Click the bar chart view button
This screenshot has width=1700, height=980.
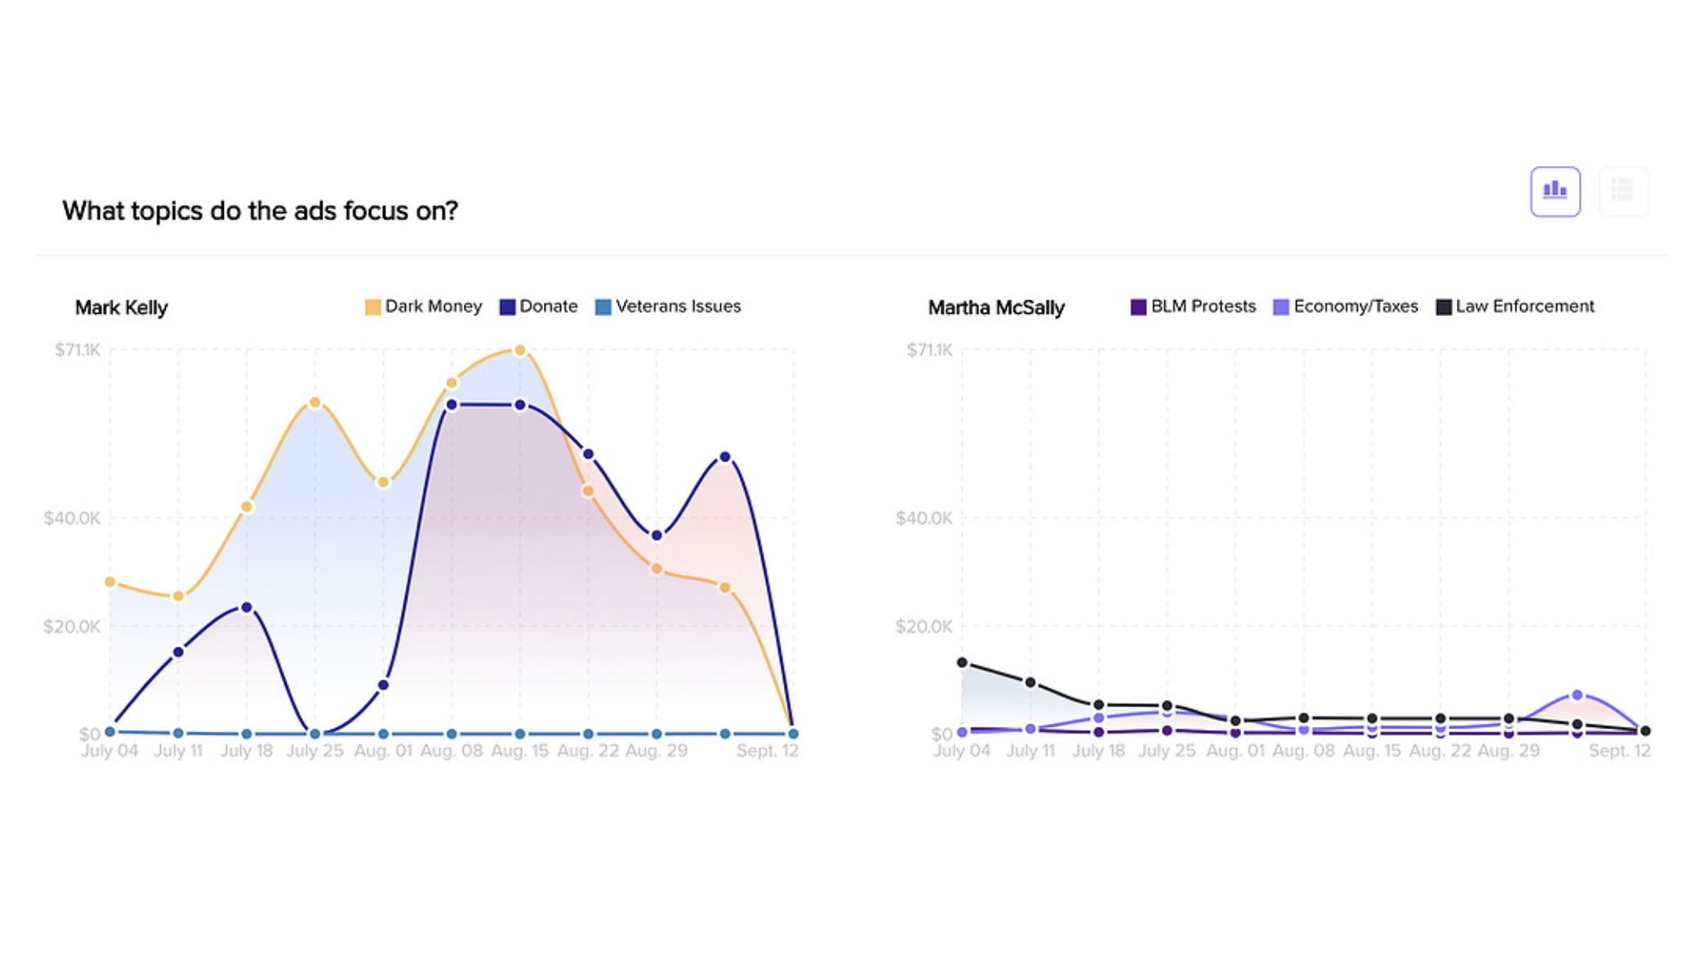(1555, 192)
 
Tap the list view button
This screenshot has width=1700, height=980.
(1622, 192)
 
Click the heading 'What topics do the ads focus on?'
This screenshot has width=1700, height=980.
(260, 211)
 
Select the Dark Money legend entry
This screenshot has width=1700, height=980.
(424, 306)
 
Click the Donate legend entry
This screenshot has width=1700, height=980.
(539, 306)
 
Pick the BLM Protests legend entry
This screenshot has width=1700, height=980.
(1193, 306)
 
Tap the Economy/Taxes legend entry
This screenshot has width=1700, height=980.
(1346, 306)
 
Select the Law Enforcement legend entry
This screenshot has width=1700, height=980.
(1515, 306)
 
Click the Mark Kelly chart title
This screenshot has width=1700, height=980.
(121, 308)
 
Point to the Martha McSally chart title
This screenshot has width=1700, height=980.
(996, 308)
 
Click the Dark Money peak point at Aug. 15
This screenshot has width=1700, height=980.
(519, 350)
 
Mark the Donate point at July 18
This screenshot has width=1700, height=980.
(247, 608)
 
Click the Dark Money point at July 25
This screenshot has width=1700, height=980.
(315, 403)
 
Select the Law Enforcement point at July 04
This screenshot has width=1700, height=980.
(962, 662)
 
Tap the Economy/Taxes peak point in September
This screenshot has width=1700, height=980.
(1577, 695)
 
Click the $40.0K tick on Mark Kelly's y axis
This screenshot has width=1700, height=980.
(72, 518)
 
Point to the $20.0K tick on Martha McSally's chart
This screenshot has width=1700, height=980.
(923, 626)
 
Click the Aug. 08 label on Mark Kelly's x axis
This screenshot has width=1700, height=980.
(451, 751)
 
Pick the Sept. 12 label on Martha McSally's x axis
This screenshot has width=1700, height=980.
(1618, 751)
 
